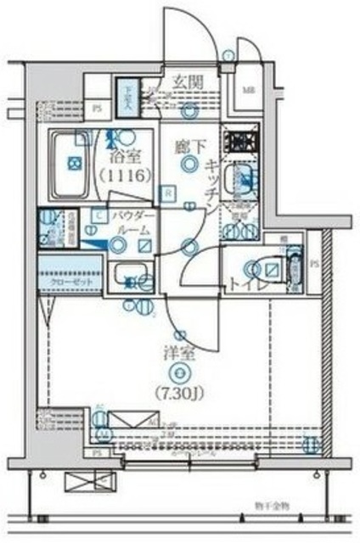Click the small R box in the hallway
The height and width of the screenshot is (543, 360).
tap(169, 193)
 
